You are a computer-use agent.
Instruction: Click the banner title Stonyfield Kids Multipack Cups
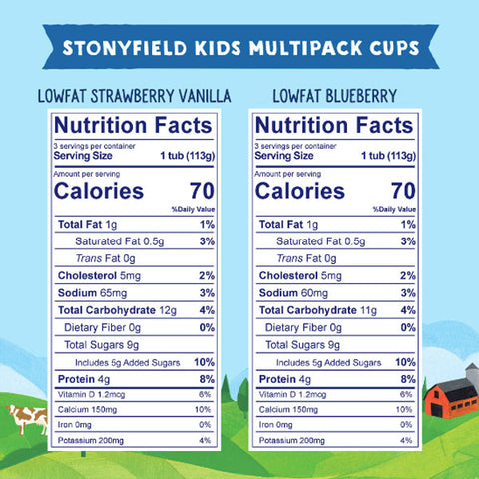(239, 50)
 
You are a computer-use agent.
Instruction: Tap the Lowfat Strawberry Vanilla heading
(133, 97)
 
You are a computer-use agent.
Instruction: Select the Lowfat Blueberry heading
(335, 97)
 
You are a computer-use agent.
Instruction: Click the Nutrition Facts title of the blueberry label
(334, 127)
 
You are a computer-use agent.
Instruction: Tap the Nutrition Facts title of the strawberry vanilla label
(133, 127)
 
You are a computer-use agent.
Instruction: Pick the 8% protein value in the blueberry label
(405, 379)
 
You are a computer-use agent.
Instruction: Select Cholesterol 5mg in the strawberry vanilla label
(100, 275)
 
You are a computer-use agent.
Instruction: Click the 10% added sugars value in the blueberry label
(403, 362)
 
